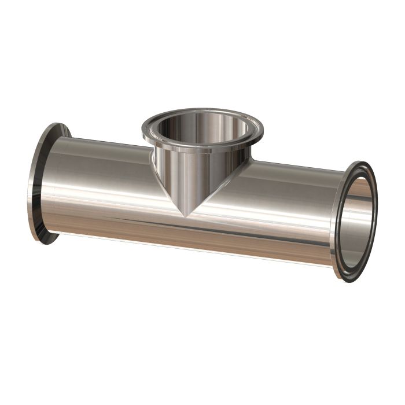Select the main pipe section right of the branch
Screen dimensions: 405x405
278,214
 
